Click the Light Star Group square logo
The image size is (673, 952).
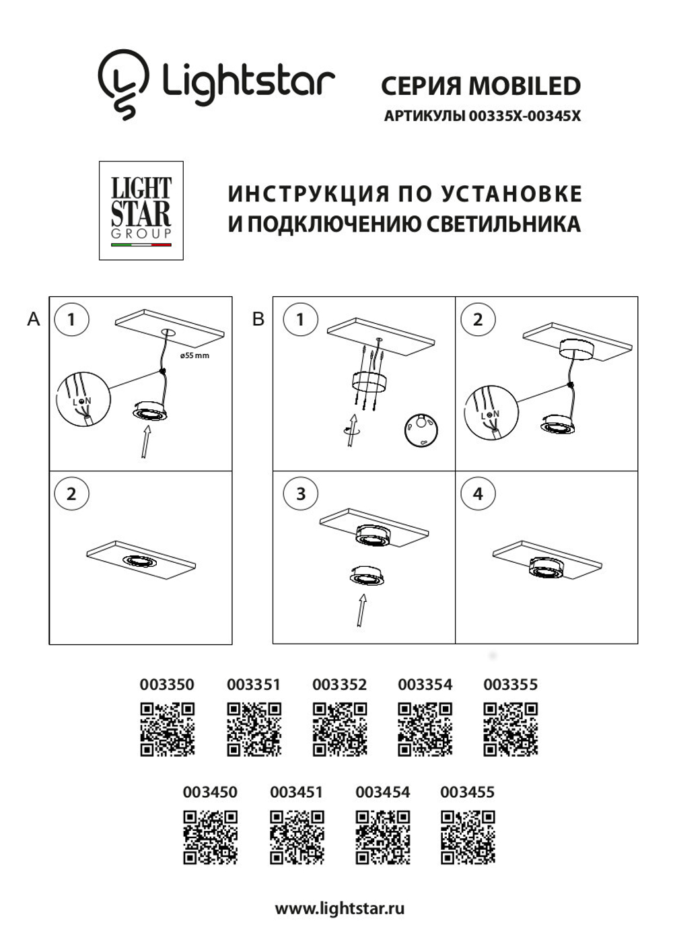coord(141,211)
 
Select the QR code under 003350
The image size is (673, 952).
coord(168,729)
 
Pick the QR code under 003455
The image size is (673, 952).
coord(468,837)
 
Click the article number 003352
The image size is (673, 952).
coord(339,685)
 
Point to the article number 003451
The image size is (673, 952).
coord(296,792)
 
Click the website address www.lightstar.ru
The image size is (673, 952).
coord(340,908)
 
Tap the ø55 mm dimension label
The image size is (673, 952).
coord(194,355)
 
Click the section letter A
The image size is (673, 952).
coord(34,319)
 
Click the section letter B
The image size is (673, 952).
coord(258,319)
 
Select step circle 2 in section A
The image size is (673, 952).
coord(71,494)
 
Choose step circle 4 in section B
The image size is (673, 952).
coord(478,494)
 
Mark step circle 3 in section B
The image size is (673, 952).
coord(300,494)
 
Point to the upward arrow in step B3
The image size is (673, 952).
coord(362,609)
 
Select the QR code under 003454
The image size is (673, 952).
coord(383,837)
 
